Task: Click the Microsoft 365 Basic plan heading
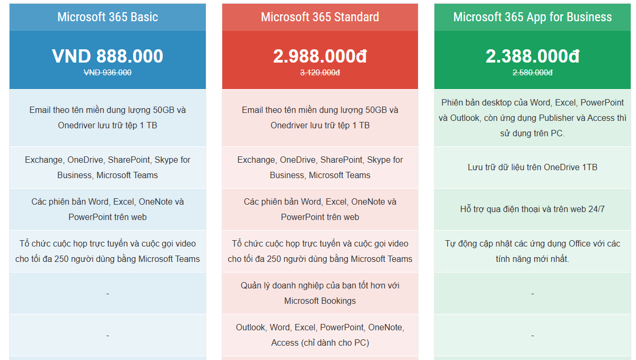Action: (x=108, y=17)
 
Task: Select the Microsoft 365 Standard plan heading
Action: (x=320, y=17)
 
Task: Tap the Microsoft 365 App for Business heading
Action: (x=533, y=17)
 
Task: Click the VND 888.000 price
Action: (x=108, y=56)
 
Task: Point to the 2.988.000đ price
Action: (x=320, y=56)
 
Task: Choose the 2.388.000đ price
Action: (x=533, y=56)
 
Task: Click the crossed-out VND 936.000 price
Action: (x=108, y=73)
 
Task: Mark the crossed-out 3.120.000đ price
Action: (x=320, y=73)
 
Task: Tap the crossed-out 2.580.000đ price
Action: (x=533, y=73)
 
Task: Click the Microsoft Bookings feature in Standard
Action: (x=320, y=293)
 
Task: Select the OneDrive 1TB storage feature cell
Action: (x=533, y=167)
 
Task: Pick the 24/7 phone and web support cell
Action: (x=533, y=209)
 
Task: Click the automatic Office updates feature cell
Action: (x=533, y=251)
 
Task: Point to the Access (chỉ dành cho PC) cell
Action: (x=320, y=335)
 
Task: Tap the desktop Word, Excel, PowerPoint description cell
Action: (x=533, y=118)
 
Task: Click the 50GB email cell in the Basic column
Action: (x=108, y=118)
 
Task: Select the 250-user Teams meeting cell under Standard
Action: (x=320, y=251)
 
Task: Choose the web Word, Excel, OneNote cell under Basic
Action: (x=108, y=209)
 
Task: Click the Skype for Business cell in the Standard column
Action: (x=320, y=167)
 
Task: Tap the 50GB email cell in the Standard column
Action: (x=320, y=118)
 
